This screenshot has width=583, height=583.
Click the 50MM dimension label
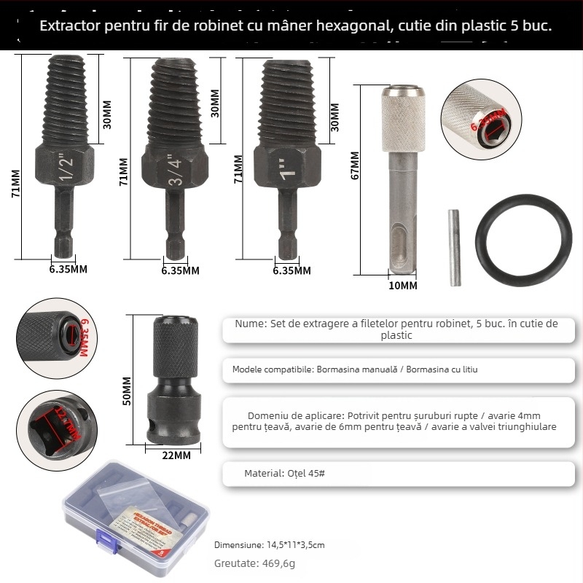127,390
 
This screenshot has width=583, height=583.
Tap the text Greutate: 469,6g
254,563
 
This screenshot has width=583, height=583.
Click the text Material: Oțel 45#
284,473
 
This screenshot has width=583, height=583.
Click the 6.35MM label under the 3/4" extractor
180,270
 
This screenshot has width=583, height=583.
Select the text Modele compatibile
273,369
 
